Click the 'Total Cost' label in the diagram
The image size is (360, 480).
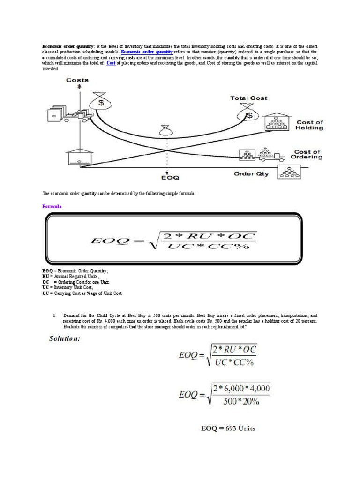pyautogui.click(x=248, y=98)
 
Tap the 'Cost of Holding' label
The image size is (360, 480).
pyautogui.click(x=309, y=125)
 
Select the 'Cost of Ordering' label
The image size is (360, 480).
pyautogui.click(x=308, y=155)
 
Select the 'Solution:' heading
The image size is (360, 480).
pyautogui.click(x=65, y=338)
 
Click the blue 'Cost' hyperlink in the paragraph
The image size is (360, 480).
pyautogui.click(x=111, y=63)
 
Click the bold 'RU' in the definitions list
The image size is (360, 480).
pyautogui.click(x=46, y=277)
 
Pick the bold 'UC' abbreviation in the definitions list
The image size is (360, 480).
pyautogui.click(x=46, y=288)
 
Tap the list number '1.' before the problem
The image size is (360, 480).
pyautogui.click(x=55, y=316)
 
